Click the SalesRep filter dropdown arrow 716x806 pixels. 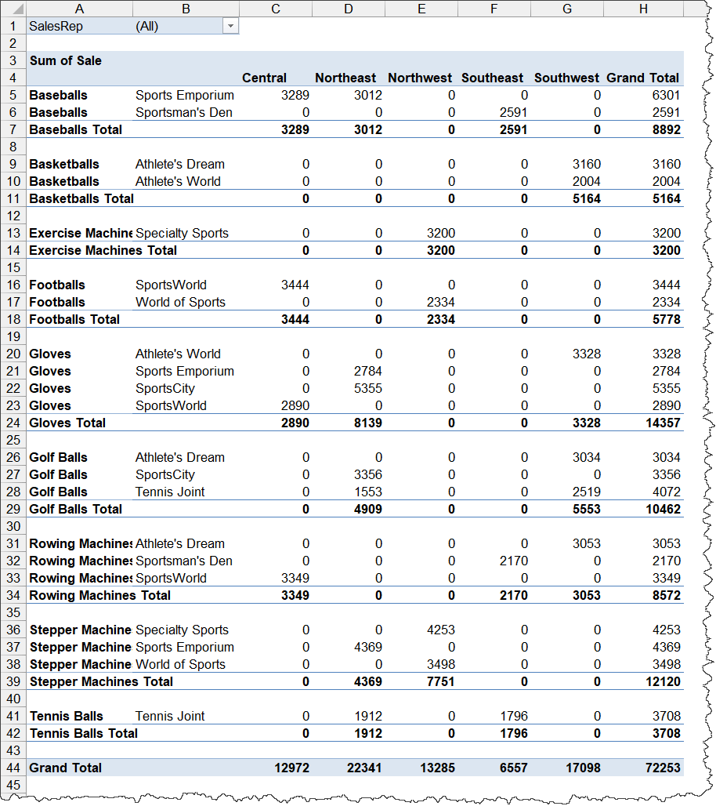(230, 26)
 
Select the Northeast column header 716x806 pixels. (345, 78)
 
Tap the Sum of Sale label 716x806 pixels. (66, 60)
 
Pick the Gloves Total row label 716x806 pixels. (67, 423)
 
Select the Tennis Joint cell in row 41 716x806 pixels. (170, 716)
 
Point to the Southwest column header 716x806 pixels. (566, 78)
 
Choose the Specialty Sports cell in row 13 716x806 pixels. (182, 233)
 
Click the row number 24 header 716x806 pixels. (13, 423)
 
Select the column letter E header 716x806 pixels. (421, 9)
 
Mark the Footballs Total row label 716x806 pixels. (74, 319)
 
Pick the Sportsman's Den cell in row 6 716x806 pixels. (183, 112)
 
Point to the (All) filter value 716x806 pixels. (146, 26)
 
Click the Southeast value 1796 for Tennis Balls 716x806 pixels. (513, 716)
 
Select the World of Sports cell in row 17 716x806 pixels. (180, 302)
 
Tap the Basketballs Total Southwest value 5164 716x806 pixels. (586, 198)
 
